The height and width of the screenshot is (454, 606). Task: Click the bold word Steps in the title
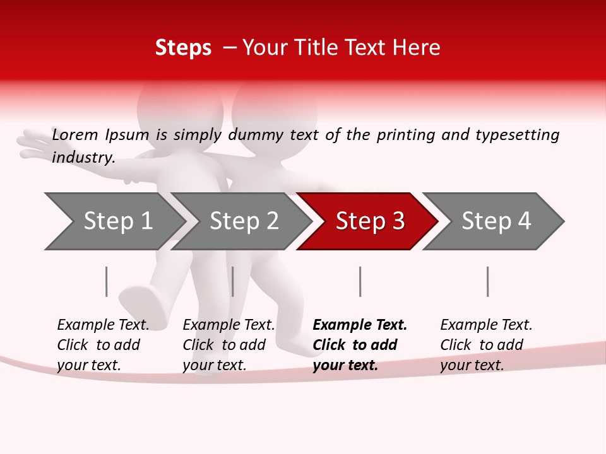[x=183, y=48]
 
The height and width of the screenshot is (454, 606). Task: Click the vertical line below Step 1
[x=107, y=281]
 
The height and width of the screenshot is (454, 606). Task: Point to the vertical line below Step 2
[x=233, y=281]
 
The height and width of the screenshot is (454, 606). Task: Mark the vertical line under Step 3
[x=360, y=281]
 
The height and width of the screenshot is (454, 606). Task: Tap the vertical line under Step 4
[x=487, y=281]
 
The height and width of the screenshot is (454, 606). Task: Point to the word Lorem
[x=75, y=135]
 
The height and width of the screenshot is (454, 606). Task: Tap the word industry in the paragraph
[x=83, y=158]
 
